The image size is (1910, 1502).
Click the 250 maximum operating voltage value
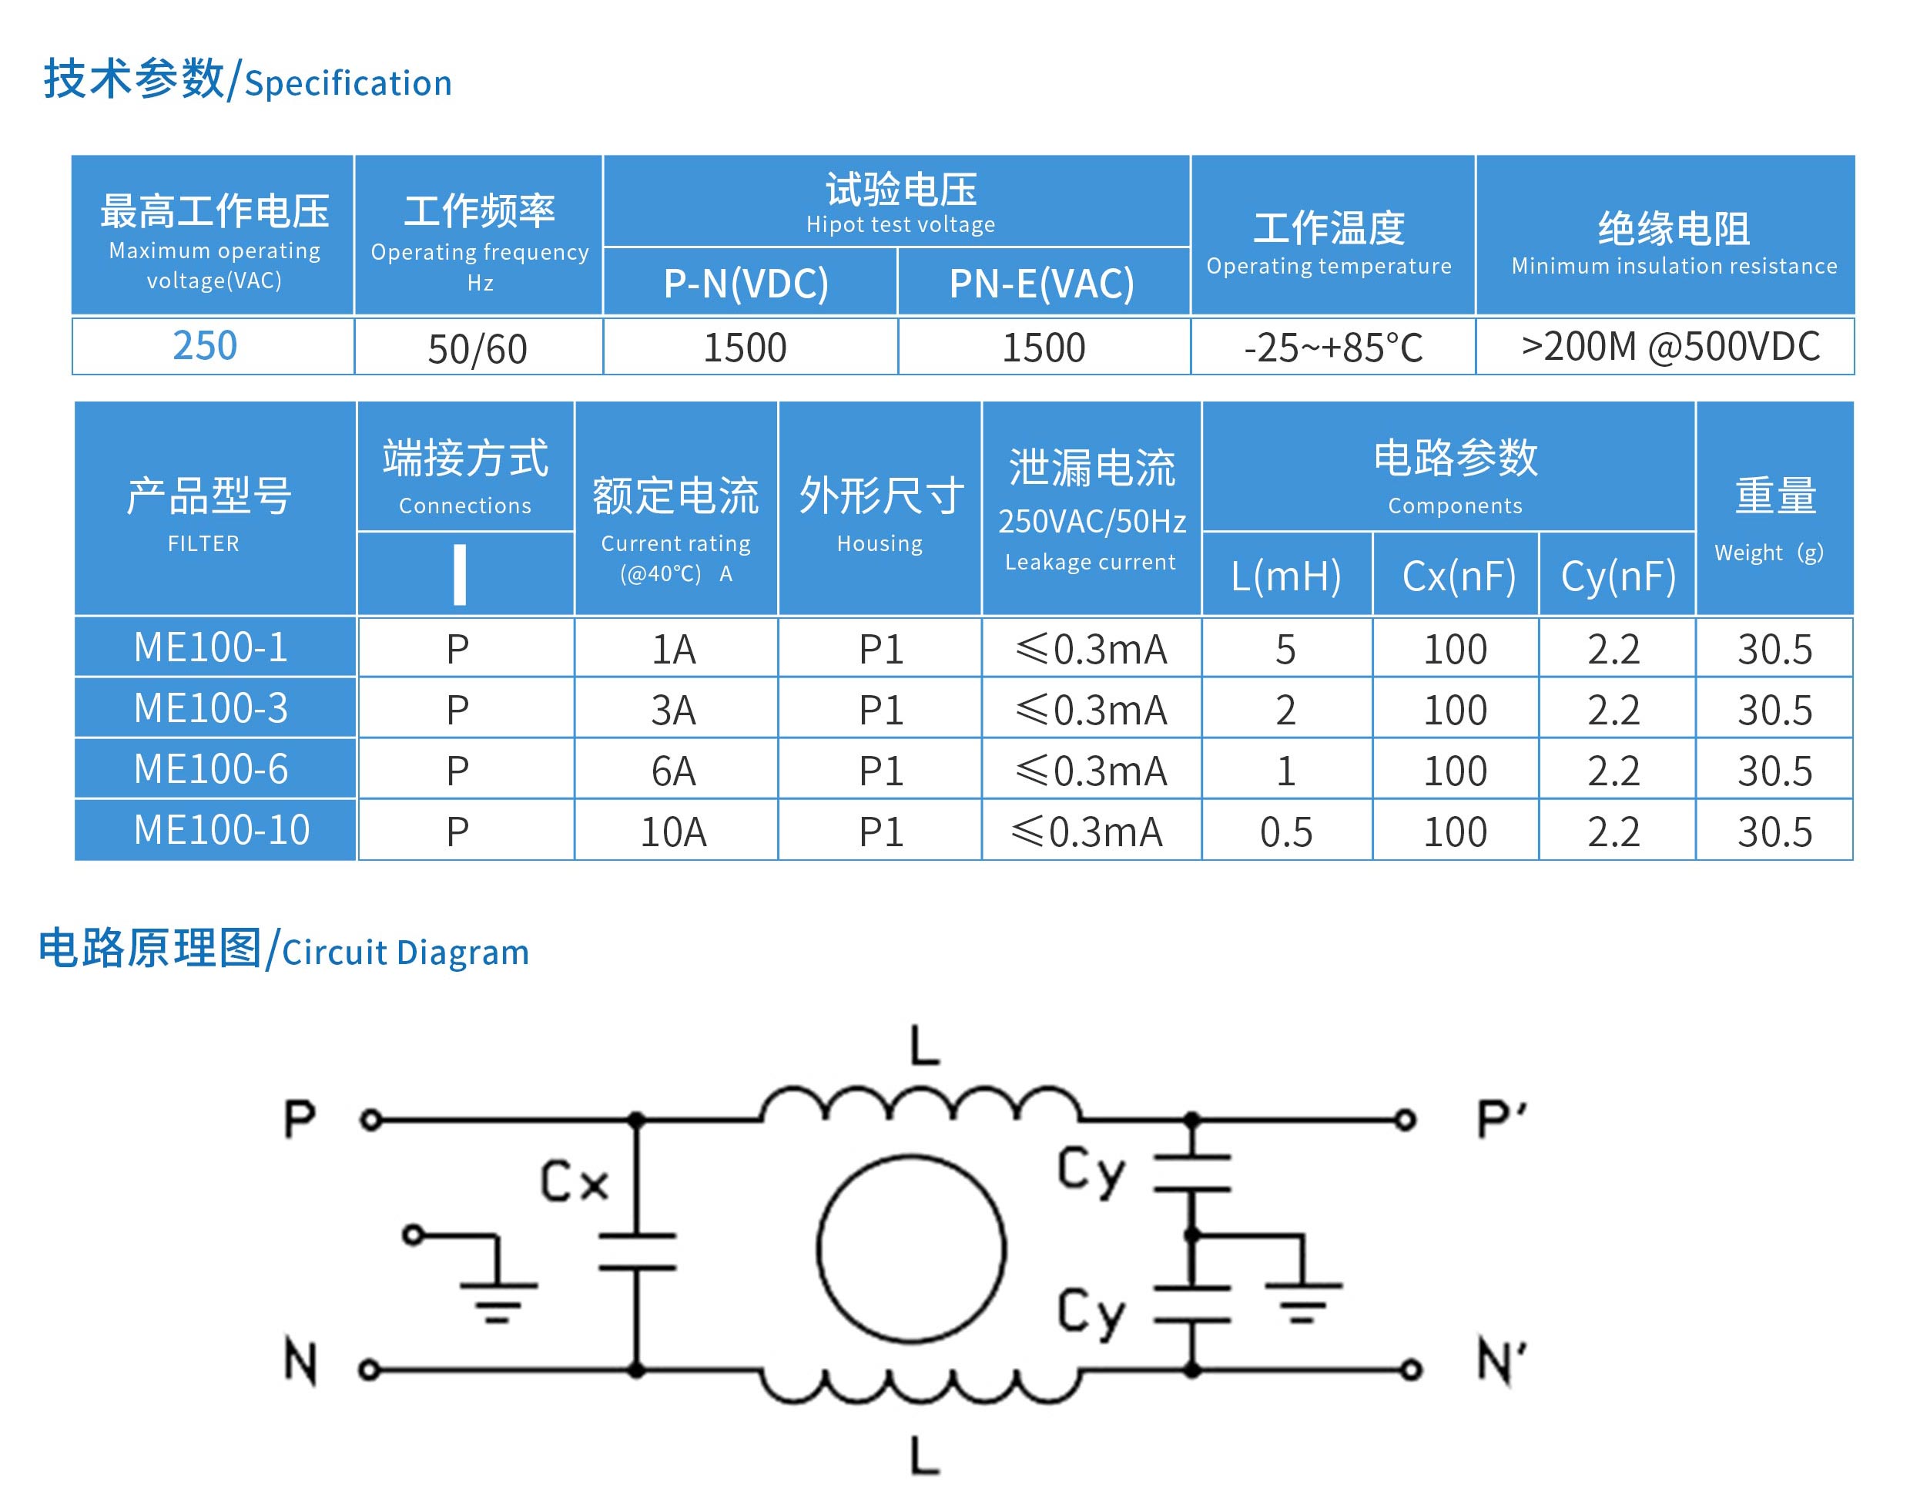pos(205,345)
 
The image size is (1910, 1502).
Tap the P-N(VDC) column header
pos(746,283)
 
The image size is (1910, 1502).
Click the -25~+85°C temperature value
pos(1332,348)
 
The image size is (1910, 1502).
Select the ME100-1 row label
pos(211,648)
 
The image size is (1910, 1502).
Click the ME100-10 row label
pos(222,830)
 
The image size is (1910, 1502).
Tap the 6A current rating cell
pos(673,771)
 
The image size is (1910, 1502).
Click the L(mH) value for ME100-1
pos(1285,649)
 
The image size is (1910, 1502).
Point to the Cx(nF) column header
pos(1458,576)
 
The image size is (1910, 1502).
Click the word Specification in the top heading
pos(348,83)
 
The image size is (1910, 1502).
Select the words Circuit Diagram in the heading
pos(405,953)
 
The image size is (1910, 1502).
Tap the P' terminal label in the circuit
pos(1501,1120)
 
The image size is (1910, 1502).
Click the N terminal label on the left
pos(300,1361)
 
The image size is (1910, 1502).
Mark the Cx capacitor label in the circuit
pos(574,1180)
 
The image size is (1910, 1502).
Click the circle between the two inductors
pos(912,1248)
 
